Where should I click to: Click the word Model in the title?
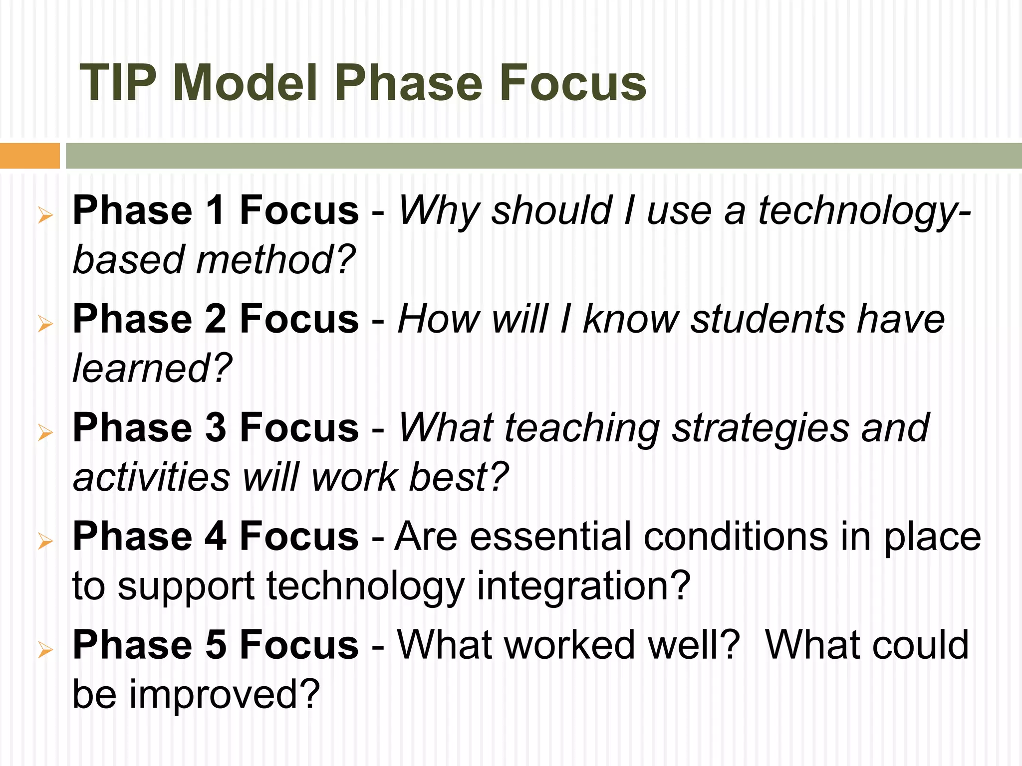click(x=245, y=83)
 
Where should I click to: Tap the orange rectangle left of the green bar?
click(x=29, y=156)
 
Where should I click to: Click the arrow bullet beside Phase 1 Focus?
click(x=45, y=216)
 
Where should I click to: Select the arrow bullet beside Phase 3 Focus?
click(x=45, y=432)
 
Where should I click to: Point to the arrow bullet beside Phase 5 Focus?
click(x=45, y=650)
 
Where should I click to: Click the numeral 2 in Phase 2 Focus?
click(x=216, y=319)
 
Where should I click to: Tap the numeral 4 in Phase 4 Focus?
click(x=216, y=537)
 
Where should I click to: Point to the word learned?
click(x=152, y=368)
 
